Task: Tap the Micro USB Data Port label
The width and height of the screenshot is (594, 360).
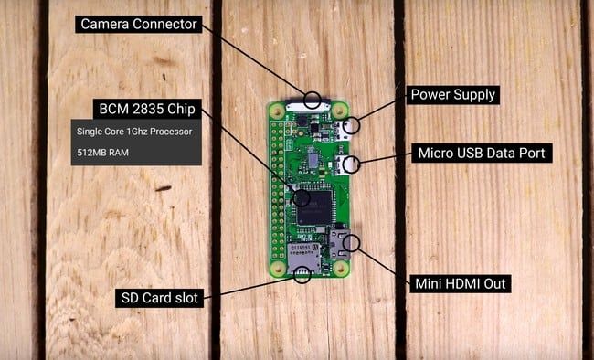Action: (481, 153)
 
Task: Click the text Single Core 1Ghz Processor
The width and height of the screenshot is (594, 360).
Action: (134, 131)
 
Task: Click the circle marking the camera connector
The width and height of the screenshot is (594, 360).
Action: (313, 100)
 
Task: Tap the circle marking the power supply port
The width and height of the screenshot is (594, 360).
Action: (352, 124)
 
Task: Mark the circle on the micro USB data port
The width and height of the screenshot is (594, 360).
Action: (352, 165)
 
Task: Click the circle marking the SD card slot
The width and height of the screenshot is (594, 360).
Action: (298, 273)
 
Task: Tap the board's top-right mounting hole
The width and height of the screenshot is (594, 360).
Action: (339, 109)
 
